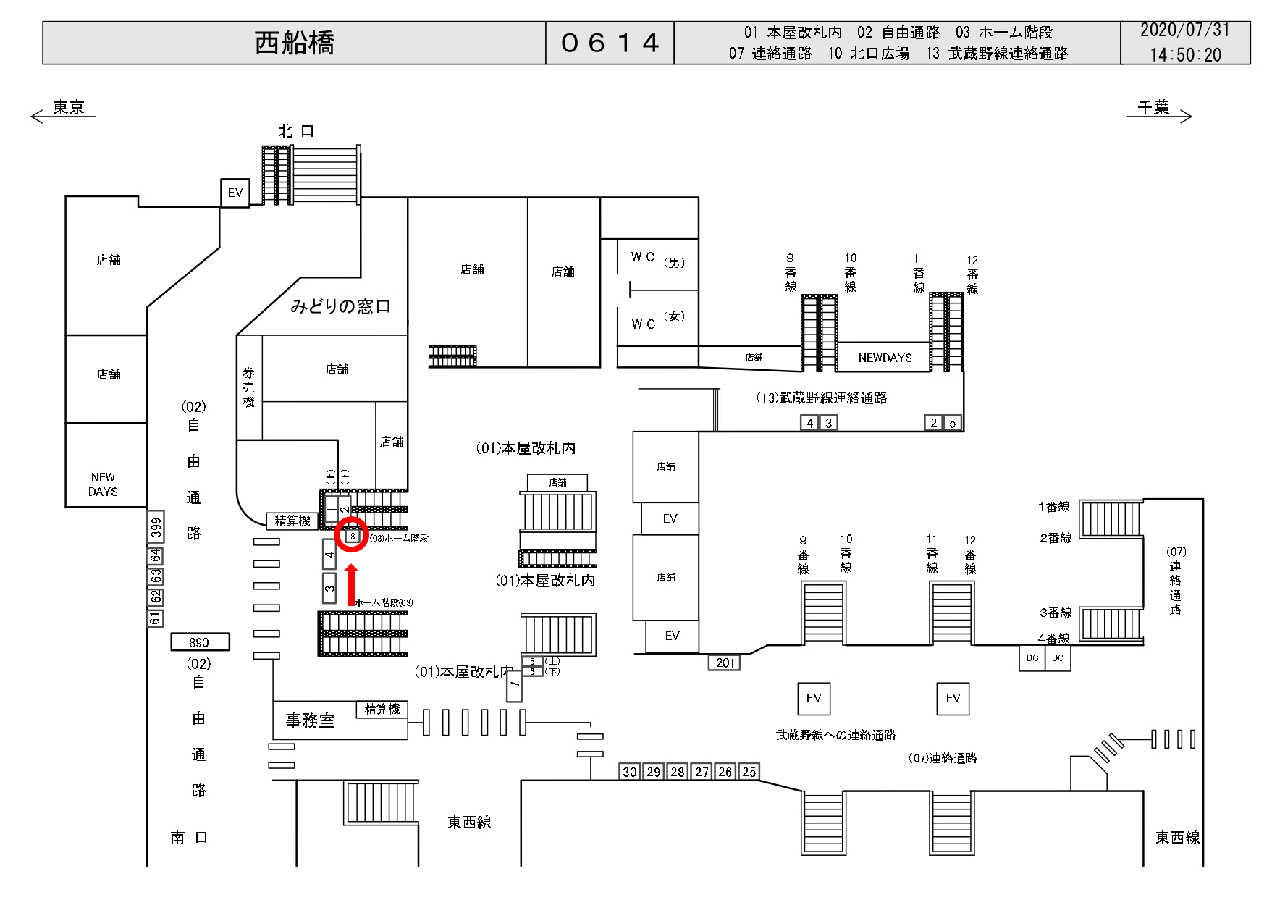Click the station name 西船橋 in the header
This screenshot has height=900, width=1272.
294,43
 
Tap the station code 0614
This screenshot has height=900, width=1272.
610,43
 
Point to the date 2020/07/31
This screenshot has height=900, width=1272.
1184,30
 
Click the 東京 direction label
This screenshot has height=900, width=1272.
69,108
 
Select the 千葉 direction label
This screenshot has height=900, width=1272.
1153,108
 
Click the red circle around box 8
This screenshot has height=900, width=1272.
353,535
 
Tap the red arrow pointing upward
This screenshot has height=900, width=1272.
352,585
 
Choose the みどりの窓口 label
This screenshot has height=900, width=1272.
340,306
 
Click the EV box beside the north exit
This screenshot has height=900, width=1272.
235,193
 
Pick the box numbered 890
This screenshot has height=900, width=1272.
200,642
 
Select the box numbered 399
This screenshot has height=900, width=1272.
156,527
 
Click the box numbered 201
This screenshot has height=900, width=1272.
725,663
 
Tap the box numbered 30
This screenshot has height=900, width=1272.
630,772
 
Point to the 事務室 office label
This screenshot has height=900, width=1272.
310,720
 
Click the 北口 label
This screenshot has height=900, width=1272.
296,131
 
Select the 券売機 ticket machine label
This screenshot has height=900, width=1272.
248,387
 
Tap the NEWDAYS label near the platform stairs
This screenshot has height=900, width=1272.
885,358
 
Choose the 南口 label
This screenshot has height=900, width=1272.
190,838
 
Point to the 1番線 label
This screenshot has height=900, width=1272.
1053,507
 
